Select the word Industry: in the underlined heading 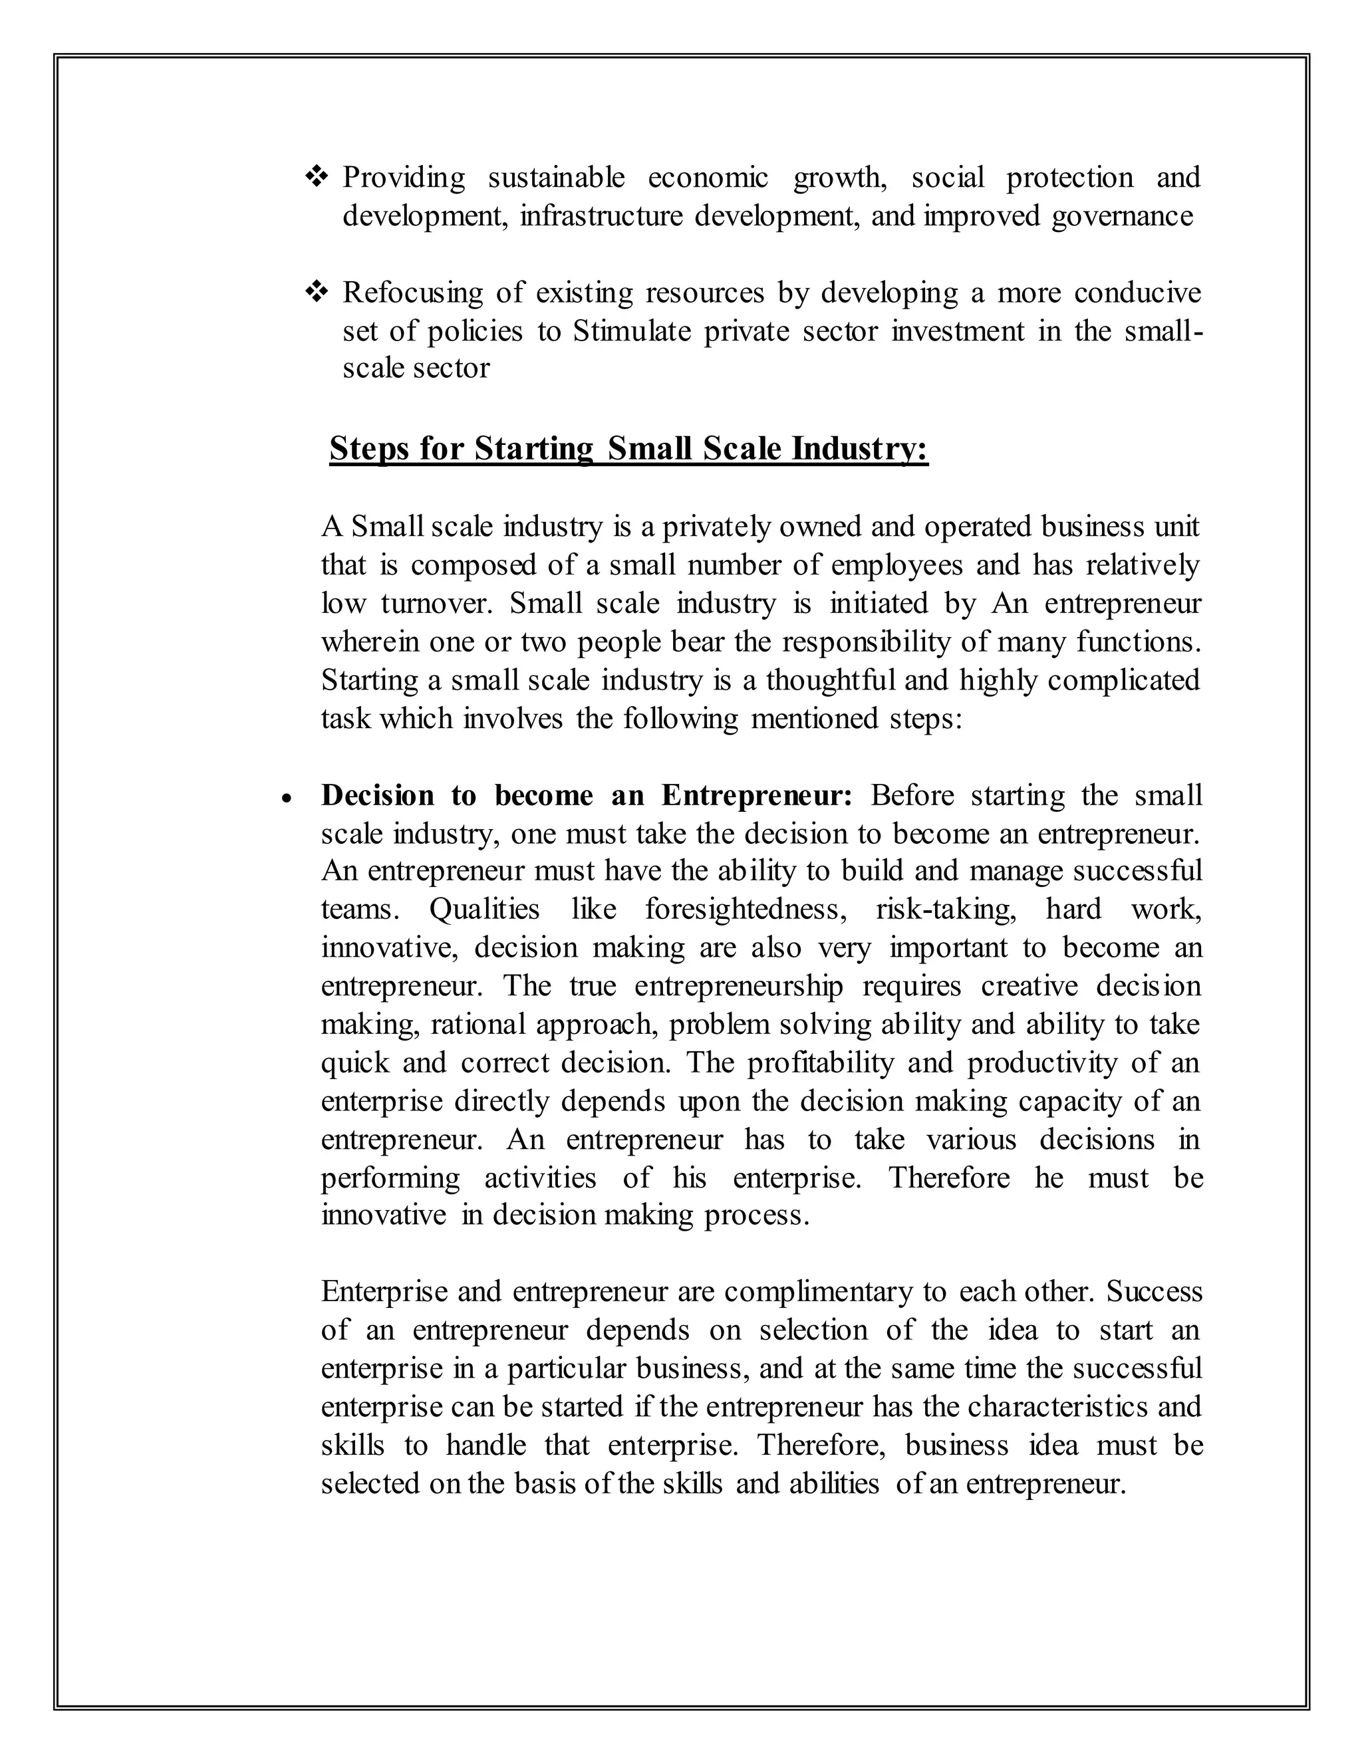tap(860, 449)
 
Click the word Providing tap(404, 178)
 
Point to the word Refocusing tap(412, 293)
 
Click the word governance tap(1121, 216)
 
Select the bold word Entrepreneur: tap(757, 795)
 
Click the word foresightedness tap(746, 909)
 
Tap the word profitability tap(821, 1063)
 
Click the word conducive tap(1138, 293)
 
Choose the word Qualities tap(484, 909)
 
